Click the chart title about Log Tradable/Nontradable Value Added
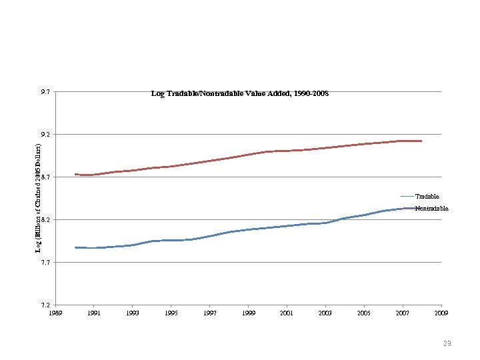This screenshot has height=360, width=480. tap(240, 95)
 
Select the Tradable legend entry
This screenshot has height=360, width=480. tap(427, 197)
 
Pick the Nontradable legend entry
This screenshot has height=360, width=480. tap(431, 209)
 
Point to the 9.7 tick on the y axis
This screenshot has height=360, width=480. tap(44, 92)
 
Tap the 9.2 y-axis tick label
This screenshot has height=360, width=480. tap(44, 135)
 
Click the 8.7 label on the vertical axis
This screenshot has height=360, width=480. tap(44, 177)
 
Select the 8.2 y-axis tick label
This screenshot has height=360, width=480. tap(44, 220)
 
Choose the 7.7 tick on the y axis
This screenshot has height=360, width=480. tap(44, 263)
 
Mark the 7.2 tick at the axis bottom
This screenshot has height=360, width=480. tap(44, 305)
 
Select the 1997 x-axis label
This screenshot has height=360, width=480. tap(209, 313)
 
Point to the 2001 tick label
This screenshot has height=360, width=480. tap(287, 313)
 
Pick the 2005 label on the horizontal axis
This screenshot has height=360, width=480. tap(364, 313)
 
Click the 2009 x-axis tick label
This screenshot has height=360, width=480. tap(441, 313)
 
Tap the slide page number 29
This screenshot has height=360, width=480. tap(447, 343)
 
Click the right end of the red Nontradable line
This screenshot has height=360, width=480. tap(421, 141)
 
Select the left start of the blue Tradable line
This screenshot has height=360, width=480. tap(75, 247)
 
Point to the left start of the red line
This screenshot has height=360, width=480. tap(75, 174)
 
